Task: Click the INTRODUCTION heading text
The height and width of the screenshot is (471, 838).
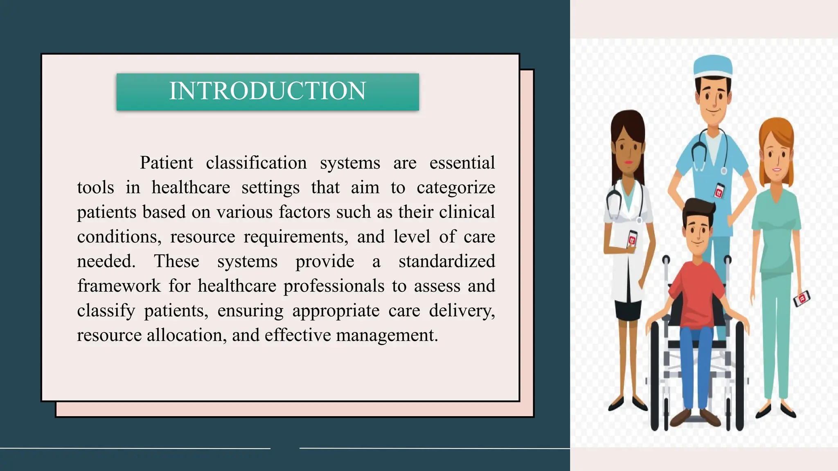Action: pyautogui.click(x=268, y=91)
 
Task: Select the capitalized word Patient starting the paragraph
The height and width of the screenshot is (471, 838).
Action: pyautogui.click(x=166, y=163)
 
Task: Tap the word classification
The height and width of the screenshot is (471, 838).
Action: pyautogui.click(x=256, y=163)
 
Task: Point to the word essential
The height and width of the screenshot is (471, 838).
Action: pyautogui.click(x=462, y=163)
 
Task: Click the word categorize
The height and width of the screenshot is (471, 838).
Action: pyautogui.click(x=456, y=188)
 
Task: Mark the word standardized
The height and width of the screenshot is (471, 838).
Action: pyautogui.click(x=447, y=261)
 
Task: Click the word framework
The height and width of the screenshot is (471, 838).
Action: pyautogui.click(x=119, y=286)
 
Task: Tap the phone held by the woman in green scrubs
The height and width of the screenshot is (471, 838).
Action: pyautogui.click(x=802, y=298)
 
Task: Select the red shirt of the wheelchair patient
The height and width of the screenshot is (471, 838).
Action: pyautogui.click(x=696, y=294)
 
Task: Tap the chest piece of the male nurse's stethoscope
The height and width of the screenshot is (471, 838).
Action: pyautogui.click(x=724, y=171)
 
